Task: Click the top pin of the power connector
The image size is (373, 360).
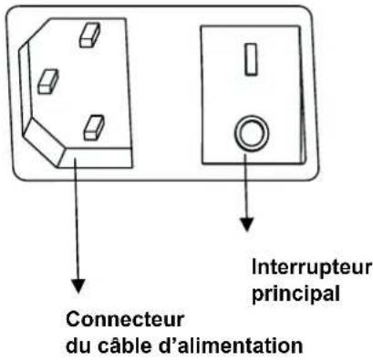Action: pyautogui.click(x=88, y=35)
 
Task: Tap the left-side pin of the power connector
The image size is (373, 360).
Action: pyautogui.click(x=47, y=81)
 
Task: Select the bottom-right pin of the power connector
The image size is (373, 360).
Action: pyautogui.click(x=94, y=127)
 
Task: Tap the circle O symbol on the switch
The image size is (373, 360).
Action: pyautogui.click(x=249, y=134)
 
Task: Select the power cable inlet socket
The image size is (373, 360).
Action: pyautogui.click(x=82, y=91)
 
